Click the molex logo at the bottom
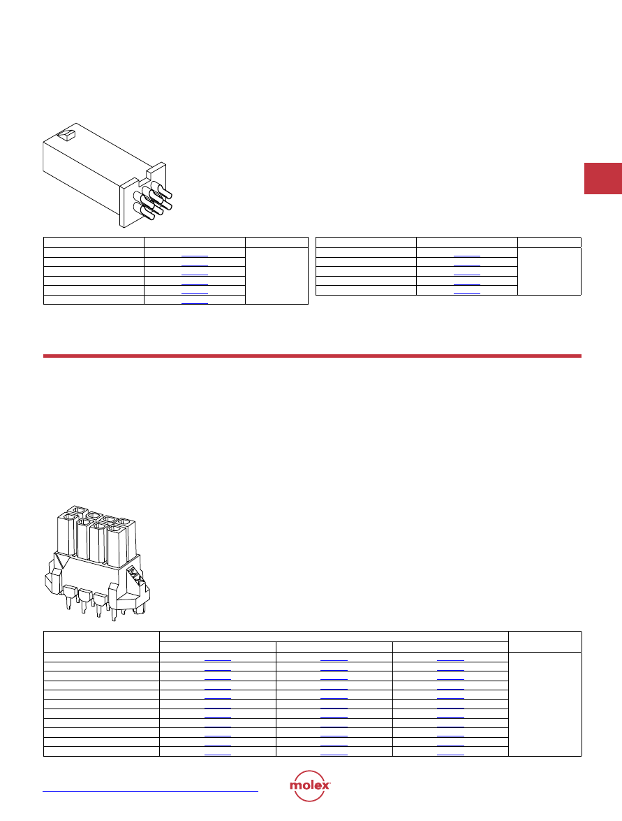(x=310, y=785)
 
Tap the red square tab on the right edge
(x=603, y=179)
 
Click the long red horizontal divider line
(x=312, y=356)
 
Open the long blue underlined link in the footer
(x=151, y=791)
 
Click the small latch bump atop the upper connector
(x=66, y=135)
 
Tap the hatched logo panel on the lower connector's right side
(x=135, y=577)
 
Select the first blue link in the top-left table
(x=195, y=255)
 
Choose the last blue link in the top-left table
(x=195, y=302)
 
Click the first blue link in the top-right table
(x=466, y=255)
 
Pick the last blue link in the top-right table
(x=466, y=293)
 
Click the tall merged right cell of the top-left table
(x=276, y=275)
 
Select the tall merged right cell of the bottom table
(x=545, y=704)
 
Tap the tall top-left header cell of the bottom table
(x=101, y=642)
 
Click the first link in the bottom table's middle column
(x=334, y=660)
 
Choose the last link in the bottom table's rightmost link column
(x=450, y=754)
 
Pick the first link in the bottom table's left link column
(x=218, y=660)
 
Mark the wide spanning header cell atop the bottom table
(x=334, y=637)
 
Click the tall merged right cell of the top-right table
(x=549, y=271)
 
